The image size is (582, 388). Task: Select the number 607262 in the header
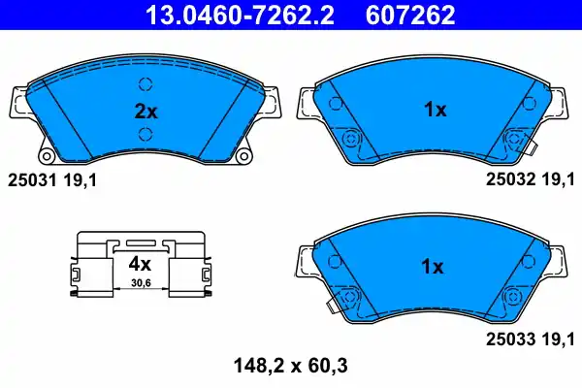click(410, 14)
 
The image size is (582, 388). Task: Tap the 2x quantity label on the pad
click(145, 111)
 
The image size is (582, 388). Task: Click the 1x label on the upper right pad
click(434, 111)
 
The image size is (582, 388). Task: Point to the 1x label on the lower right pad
click(434, 266)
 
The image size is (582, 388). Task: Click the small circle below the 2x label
click(145, 134)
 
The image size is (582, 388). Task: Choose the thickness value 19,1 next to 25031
click(81, 179)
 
